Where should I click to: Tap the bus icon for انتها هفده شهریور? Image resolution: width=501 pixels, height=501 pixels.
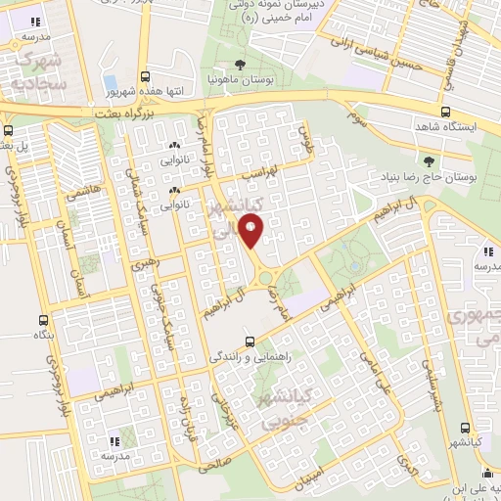146,76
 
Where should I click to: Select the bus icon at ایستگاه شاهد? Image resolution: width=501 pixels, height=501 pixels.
446,112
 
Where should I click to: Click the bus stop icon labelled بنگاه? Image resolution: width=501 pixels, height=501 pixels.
43,320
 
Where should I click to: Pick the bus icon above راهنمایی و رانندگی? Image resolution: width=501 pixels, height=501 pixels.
250,342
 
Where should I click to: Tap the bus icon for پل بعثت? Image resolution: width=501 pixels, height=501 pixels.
9,130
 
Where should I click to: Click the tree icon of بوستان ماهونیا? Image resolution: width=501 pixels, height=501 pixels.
240,64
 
